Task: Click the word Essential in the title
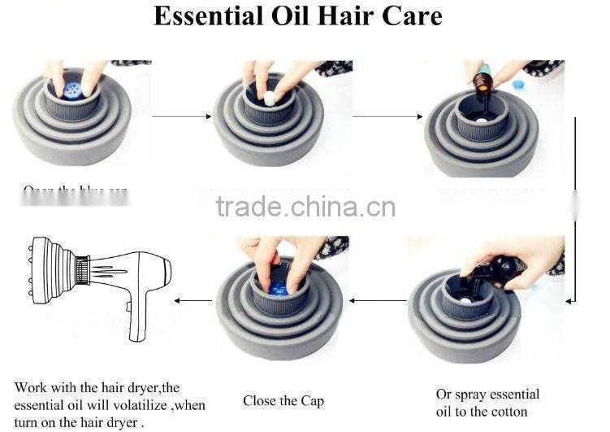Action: [x=206, y=16]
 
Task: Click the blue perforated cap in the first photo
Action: [x=71, y=89]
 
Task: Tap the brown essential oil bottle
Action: [x=482, y=81]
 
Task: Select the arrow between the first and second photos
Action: [x=176, y=116]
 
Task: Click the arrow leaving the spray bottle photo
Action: [x=379, y=300]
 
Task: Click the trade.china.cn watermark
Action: [x=305, y=207]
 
